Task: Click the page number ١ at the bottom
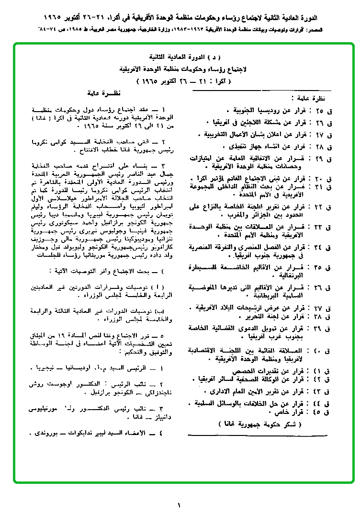tap(180, 504)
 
